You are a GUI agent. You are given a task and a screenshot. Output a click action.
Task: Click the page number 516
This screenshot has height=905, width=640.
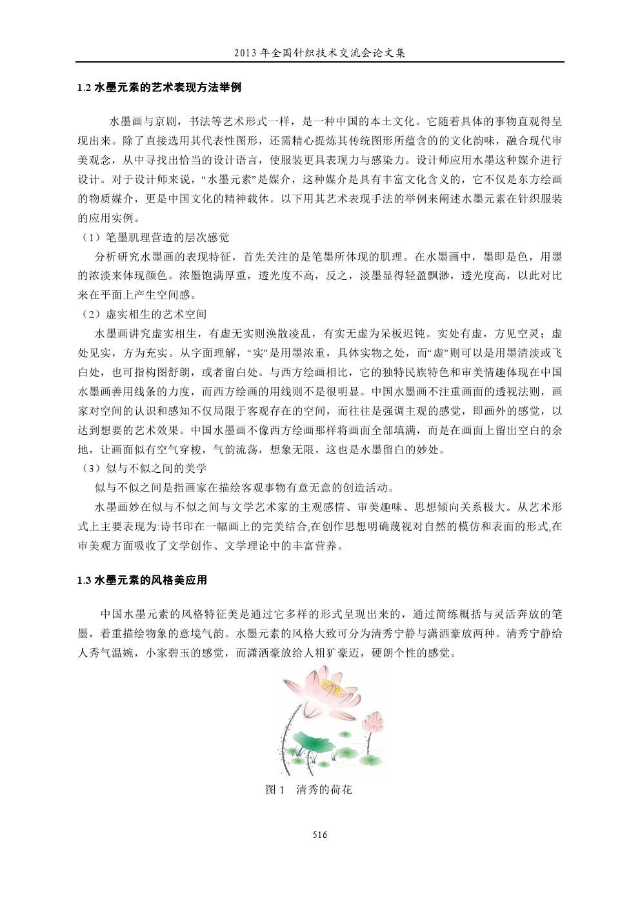pyautogui.click(x=320, y=835)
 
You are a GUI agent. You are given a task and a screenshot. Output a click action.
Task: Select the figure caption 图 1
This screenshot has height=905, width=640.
pyautogui.click(x=275, y=790)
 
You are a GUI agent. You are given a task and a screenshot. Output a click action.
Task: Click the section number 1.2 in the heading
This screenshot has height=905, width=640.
pyautogui.click(x=84, y=88)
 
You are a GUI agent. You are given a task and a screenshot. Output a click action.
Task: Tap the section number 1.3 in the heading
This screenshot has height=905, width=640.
pyautogui.click(x=84, y=580)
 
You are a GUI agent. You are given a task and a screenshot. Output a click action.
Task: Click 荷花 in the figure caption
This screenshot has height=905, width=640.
pyautogui.click(x=341, y=790)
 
